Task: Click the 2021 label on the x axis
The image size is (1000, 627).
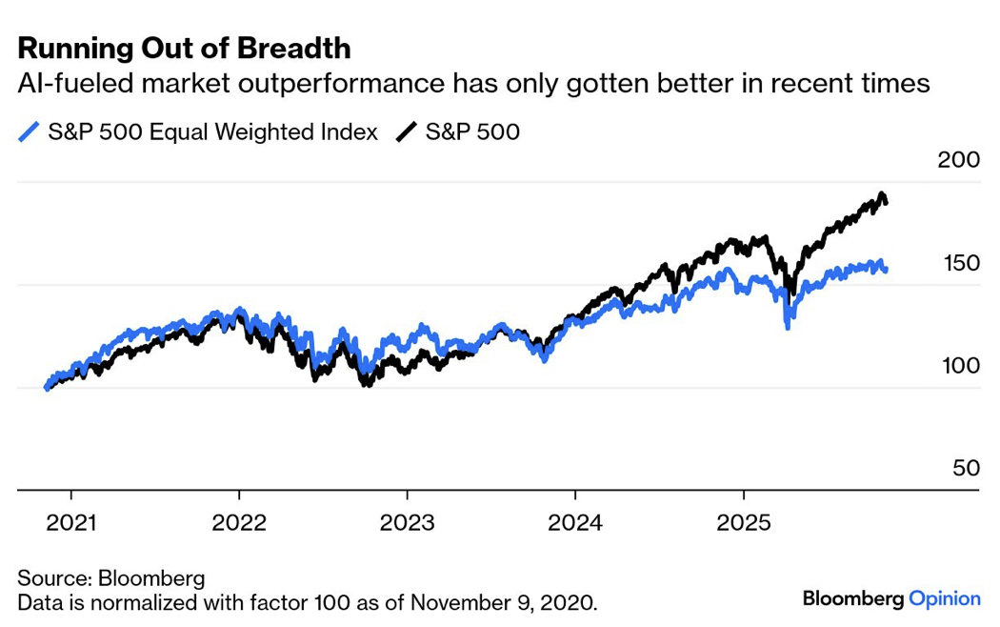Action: click(x=70, y=523)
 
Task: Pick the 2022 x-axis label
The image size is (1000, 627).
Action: click(x=239, y=523)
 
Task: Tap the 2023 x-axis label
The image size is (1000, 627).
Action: click(x=408, y=523)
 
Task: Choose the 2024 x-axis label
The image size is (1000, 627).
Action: click(x=575, y=523)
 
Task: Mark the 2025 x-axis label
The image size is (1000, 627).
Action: click(x=744, y=523)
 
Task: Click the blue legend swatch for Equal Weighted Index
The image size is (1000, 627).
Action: click(x=30, y=131)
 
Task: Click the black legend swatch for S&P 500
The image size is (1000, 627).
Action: click(x=408, y=131)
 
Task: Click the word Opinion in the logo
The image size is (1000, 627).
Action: click(x=944, y=599)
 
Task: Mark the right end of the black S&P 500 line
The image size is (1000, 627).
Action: click(x=886, y=201)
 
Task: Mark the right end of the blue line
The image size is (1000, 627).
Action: click(x=886, y=271)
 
